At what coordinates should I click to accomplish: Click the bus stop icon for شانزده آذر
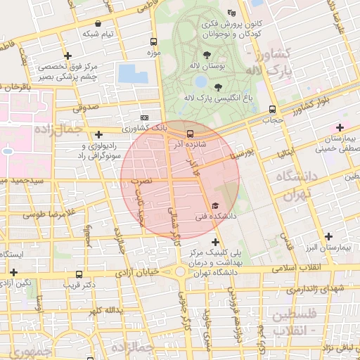pyautogui.click(x=189, y=134)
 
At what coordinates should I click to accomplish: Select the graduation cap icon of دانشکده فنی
pyautogui.click(x=214, y=205)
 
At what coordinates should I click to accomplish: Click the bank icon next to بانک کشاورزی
pyautogui.click(x=144, y=117)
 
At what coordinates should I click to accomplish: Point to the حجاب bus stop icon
pyautogui.click(x=272, y=109)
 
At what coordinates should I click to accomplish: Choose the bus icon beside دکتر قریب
pyautogui.click(x=78, y=275)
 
